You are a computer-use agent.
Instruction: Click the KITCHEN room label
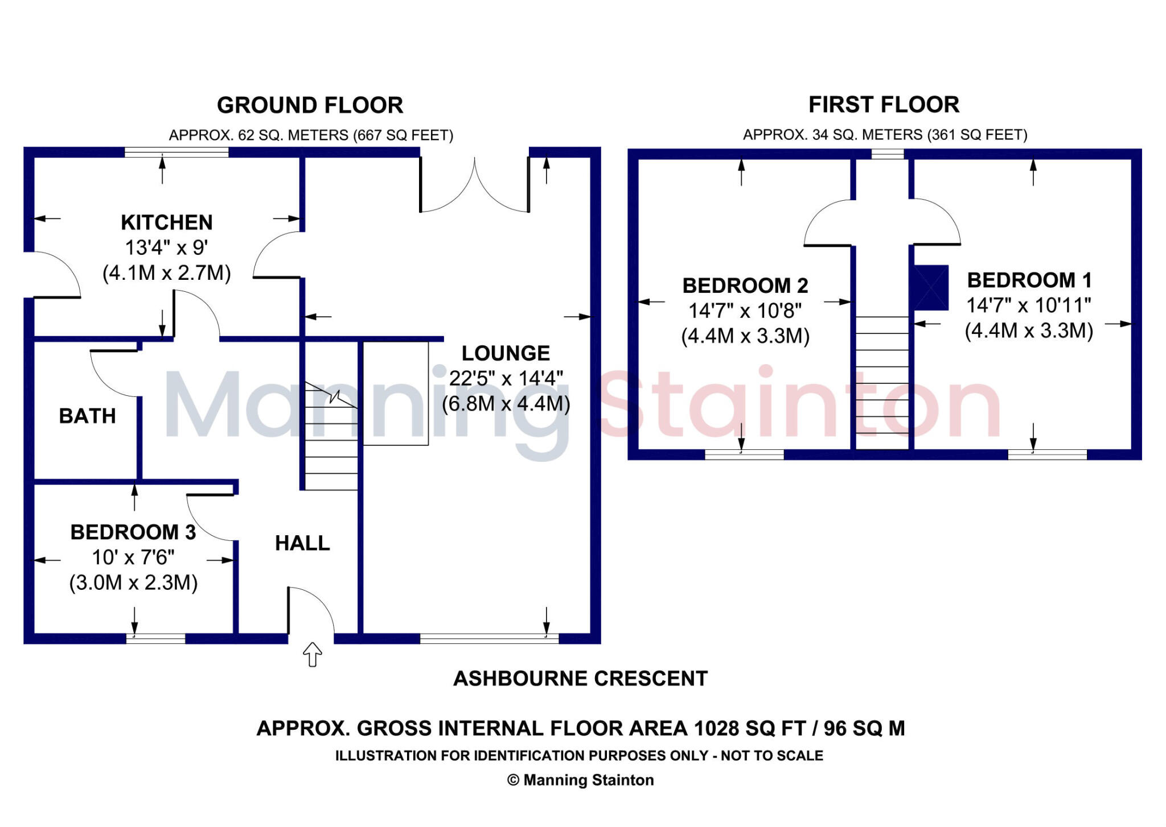coord(167,222)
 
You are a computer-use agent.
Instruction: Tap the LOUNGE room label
coord(506,353)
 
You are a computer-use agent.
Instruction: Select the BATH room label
coord(87,416)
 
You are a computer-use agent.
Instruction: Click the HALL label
coord(302,543)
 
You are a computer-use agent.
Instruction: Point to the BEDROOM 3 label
coord(133,532)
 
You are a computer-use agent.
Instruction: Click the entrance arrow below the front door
coord(312,654)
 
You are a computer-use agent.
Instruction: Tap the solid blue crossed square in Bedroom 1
coord(931,287)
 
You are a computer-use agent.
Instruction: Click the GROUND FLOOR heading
coord(310,105)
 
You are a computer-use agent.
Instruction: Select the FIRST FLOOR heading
coord(884,105)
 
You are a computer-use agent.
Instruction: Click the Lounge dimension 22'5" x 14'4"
coord(506,378)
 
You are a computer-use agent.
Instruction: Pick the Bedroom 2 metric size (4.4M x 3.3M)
coord(745,336)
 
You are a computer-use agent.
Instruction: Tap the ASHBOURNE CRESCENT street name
coord(580,679)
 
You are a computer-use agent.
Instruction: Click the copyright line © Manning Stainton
coord(580,780)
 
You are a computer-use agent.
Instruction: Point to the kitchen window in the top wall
coord(176,152)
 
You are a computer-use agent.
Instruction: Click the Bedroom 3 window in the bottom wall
coord(155,638)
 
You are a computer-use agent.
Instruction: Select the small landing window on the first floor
coord(887,154)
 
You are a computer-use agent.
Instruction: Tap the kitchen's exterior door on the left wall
coord(54,275)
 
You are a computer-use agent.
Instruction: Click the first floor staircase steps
coord(882,375)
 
